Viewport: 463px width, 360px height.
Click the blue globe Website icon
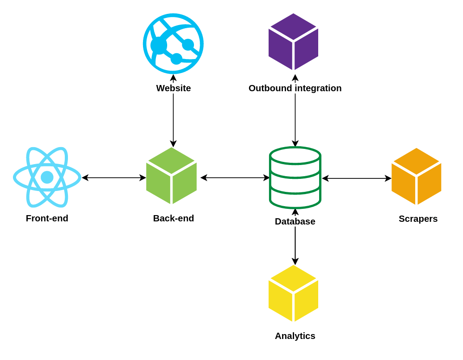(x=173, y=43)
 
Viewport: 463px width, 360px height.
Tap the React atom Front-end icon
(x=47, y=177)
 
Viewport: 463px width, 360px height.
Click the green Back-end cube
(x=172, y=176)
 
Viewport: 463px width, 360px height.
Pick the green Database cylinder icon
(x=295, y=178)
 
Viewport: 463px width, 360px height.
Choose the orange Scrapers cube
(x=416, y=176)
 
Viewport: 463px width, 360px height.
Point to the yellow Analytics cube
(x=293, y=293)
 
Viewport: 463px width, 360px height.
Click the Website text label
(x=173, y=88)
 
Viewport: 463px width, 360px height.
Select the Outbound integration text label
(x=295, y=88)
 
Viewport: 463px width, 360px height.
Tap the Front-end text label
(x=47, y=218)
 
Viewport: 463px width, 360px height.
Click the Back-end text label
(x=173, y=218)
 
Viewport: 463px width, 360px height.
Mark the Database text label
(x=295, y=221)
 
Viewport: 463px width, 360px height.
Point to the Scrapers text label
(x=418, y=219)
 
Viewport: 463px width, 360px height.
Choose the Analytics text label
(x=295, y=336)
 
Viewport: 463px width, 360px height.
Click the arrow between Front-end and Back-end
(x=114, y=178)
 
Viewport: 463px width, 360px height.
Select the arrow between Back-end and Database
(x=235, y=178)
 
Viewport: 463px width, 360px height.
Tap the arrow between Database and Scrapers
(x=357, y=178)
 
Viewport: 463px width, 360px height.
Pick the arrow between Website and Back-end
(x=173, y=119)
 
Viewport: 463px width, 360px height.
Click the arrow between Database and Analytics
(x=295, y=244)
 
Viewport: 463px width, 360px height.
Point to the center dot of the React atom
(x=47, y=178)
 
